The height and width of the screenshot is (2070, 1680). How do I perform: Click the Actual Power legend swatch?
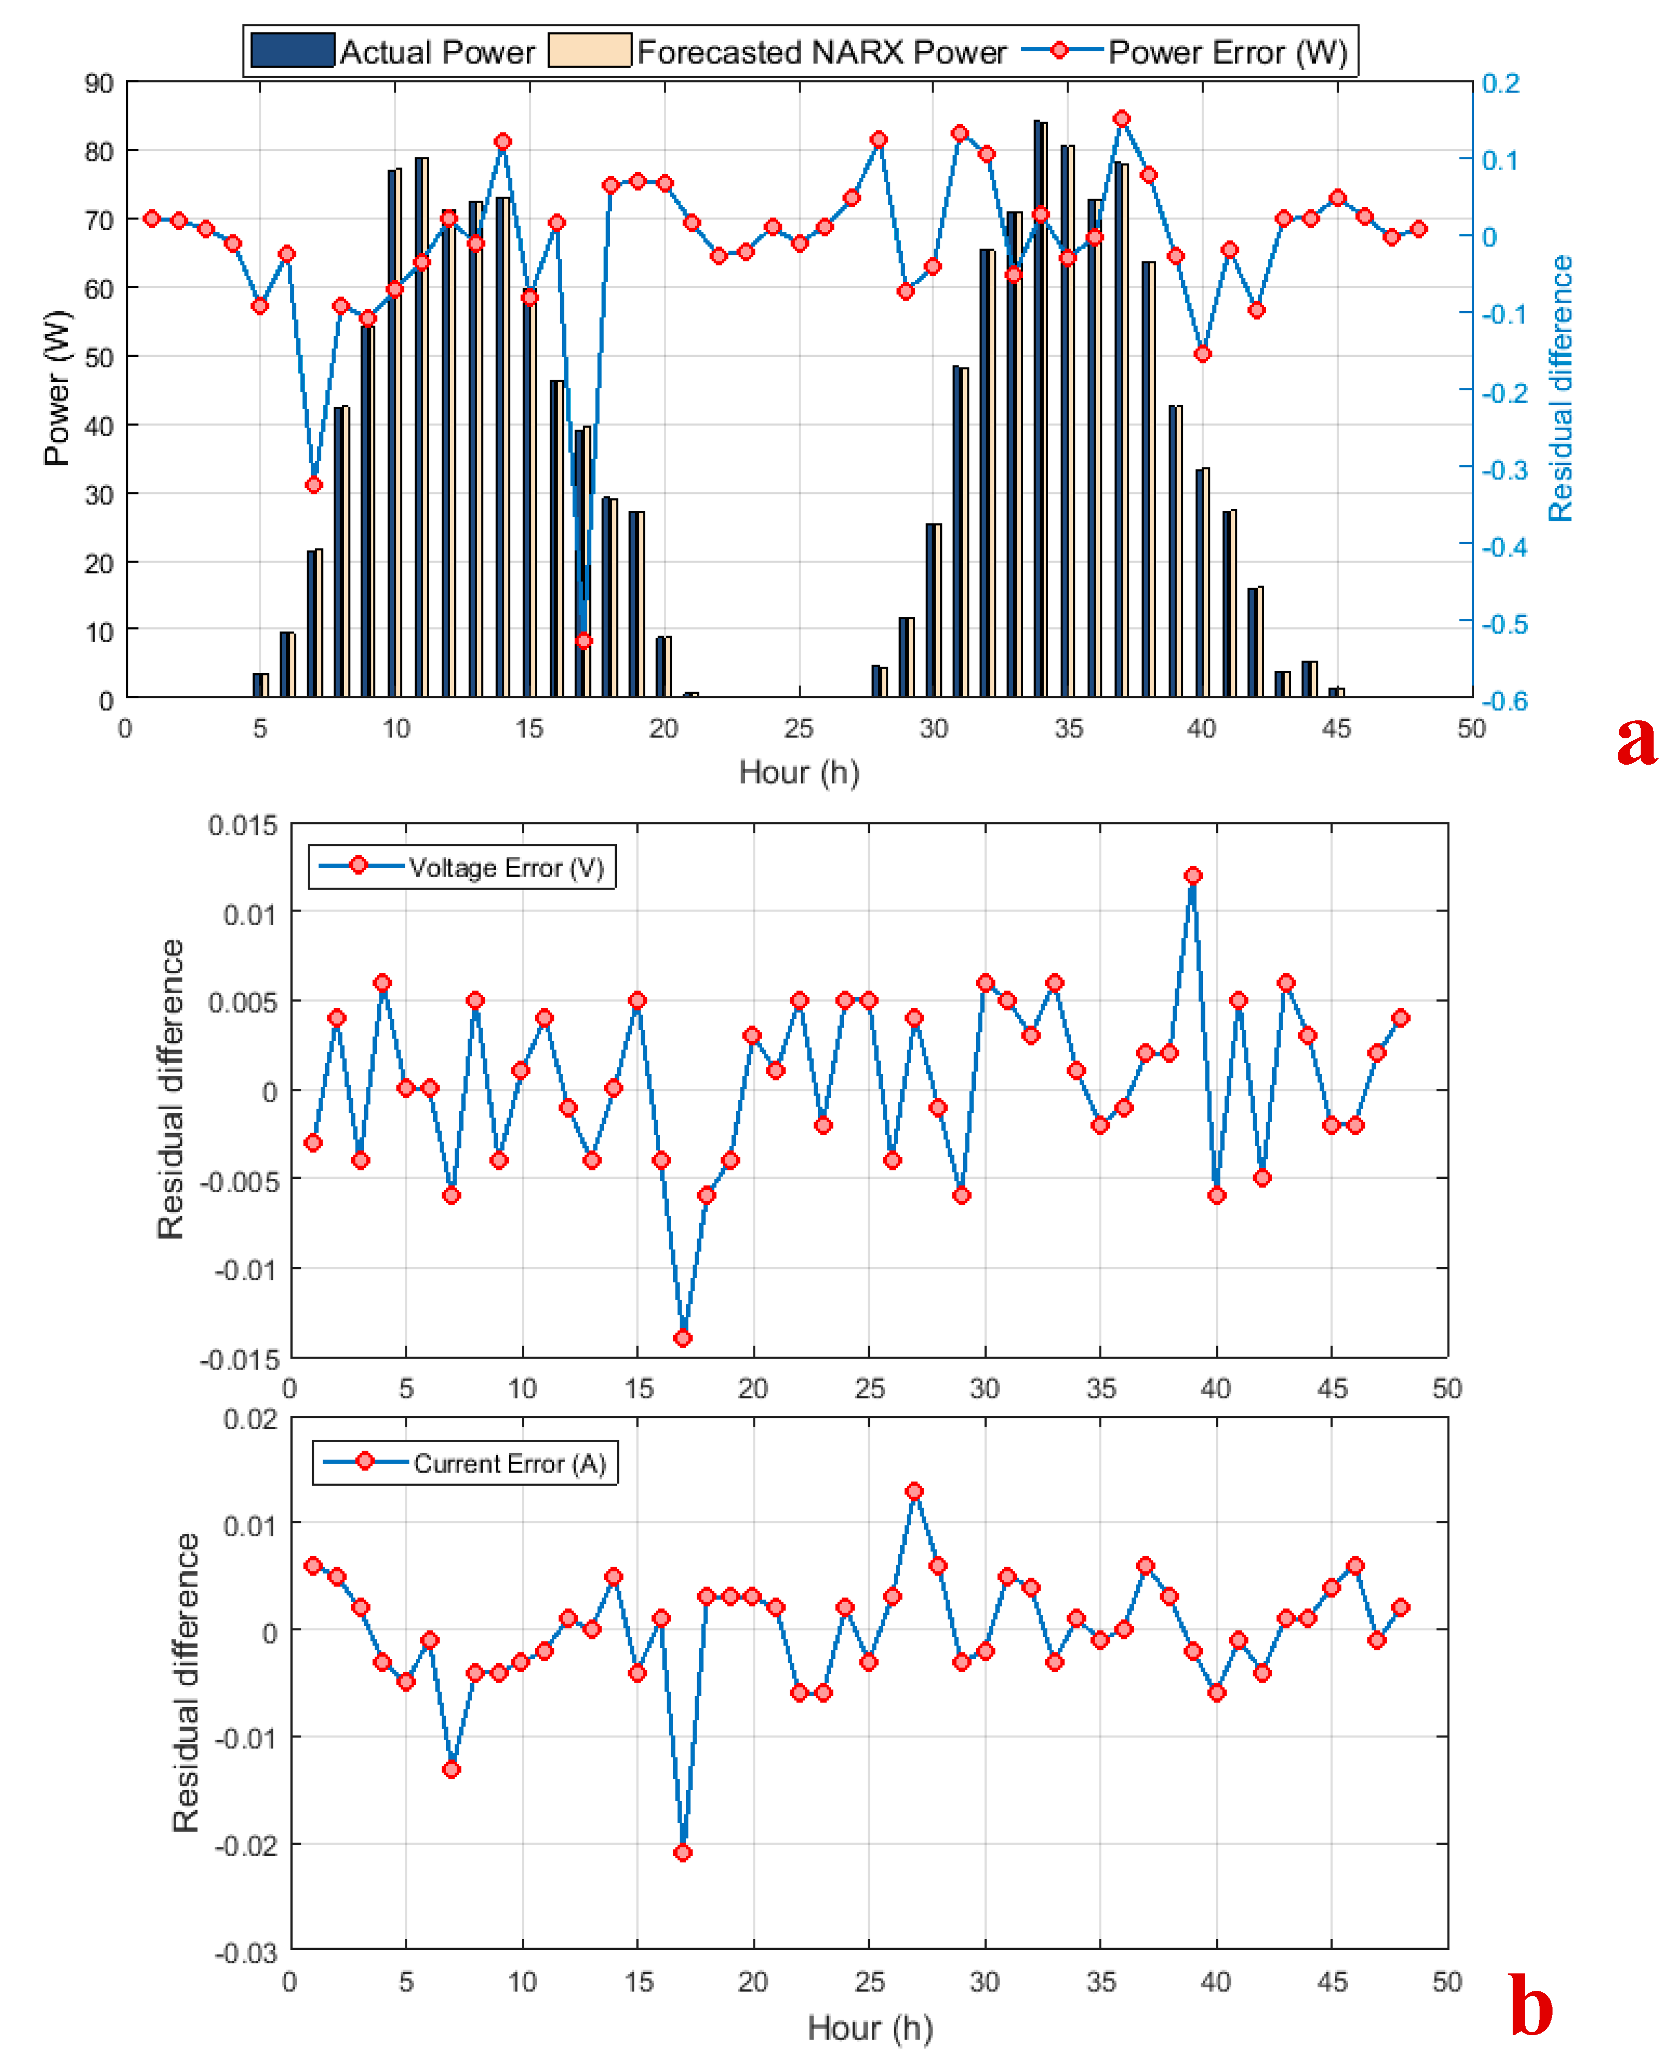point(292,50)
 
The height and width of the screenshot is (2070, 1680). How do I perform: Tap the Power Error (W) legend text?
point(1227,52)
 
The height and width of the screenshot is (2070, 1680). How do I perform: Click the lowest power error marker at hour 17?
point(584,640)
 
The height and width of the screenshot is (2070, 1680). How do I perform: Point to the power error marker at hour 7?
point(314,484)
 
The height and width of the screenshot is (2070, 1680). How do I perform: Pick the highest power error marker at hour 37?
point(1122,119)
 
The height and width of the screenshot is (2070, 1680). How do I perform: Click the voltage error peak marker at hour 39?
point(1193,875)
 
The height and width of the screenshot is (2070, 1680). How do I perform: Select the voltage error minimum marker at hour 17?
point(683,1338)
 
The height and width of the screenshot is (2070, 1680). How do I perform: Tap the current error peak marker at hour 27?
point(915,1491)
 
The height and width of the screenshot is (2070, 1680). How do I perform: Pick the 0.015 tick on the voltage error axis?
point(243,825)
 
